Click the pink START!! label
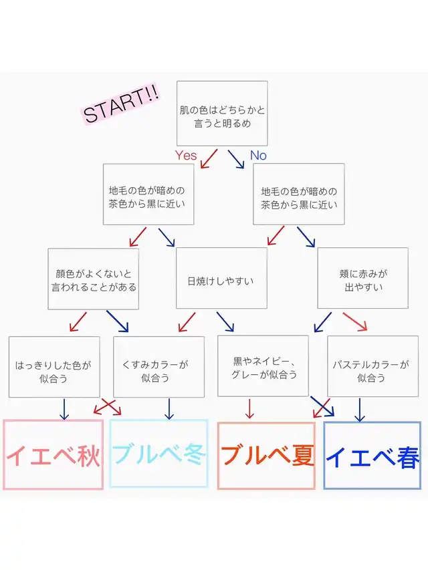121,104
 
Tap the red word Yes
186,155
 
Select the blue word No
258,155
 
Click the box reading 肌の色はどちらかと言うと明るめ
222,114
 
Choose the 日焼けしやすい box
221,278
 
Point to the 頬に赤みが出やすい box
363,278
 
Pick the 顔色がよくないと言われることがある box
93,279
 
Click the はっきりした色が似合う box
54,367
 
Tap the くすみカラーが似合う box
158,367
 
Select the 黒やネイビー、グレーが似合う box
263,366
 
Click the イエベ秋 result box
53,454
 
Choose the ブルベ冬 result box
158,453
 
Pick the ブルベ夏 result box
266,456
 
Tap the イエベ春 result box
372,456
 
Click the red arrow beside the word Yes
209,159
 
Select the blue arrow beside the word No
236,159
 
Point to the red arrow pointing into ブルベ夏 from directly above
249,408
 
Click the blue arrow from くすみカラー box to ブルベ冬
169,409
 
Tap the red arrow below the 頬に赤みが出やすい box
355,321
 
